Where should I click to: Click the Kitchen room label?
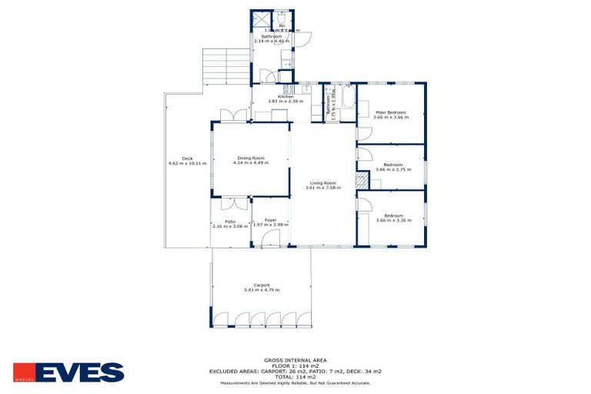[x=275, y=97]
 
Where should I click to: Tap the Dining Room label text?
[x=250, y=158]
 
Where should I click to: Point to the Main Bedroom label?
[x=391, y=112]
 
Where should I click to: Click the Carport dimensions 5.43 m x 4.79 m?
[x=261, y=290]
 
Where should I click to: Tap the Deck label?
[x=187, y=159]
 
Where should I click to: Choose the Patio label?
[x=230, y=222]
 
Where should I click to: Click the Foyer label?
[x=270, y=220]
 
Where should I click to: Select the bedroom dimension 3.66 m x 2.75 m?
[x=392, y=169]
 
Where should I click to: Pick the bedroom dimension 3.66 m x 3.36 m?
[x=392, y=220]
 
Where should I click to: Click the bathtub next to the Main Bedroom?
[x=347, y=102]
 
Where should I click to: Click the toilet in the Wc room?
[x=282, y=18]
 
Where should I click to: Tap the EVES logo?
[x=68, y=372]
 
